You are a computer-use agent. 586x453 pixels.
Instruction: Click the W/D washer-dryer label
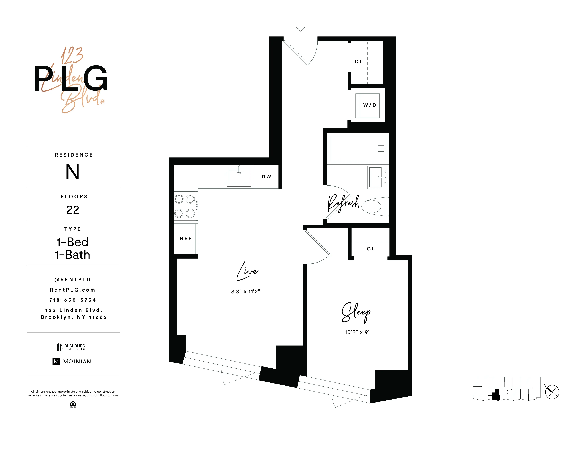pos(370,105)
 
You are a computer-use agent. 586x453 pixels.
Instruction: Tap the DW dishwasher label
pos(266,177)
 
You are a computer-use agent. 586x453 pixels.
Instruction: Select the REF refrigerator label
pos(186,239)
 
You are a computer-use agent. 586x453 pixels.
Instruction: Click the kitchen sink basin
pos(239,177)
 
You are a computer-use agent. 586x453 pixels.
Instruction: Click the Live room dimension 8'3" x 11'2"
pos(246,292)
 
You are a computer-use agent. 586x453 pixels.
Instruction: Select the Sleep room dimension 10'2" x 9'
pos(357,332)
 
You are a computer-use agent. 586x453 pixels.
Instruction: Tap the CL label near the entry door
pos(359,62)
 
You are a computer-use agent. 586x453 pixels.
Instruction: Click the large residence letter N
pos(72,172)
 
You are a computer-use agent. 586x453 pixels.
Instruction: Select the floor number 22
pos(73,210)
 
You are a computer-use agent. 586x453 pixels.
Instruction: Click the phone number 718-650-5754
pos(72,300)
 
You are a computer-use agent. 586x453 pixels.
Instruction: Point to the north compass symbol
pos(552,392)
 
